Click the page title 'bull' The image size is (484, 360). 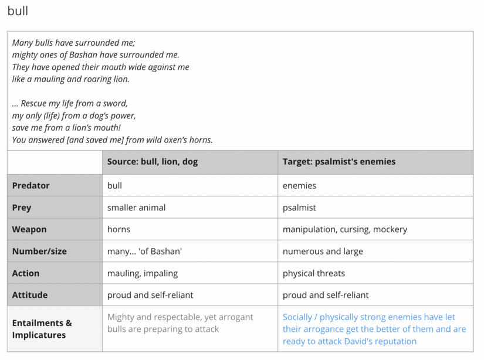18,11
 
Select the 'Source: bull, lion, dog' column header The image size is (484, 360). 152,162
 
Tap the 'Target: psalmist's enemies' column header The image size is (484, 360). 339,162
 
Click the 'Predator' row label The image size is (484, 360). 31,186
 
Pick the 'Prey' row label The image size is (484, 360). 22,208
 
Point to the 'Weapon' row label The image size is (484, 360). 29,229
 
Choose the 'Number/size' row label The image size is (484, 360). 39,252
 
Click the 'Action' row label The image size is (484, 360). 26,273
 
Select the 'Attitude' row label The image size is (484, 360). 30,295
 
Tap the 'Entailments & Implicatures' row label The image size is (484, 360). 42,329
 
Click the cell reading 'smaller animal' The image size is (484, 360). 136,208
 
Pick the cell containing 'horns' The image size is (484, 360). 119,229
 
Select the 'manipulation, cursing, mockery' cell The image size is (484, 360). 344,229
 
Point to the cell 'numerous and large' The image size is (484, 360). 323,252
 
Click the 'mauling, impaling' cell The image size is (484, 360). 143,273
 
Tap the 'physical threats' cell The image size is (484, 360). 314,273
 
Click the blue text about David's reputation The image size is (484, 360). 374,329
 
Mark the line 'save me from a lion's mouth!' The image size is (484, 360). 66,128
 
